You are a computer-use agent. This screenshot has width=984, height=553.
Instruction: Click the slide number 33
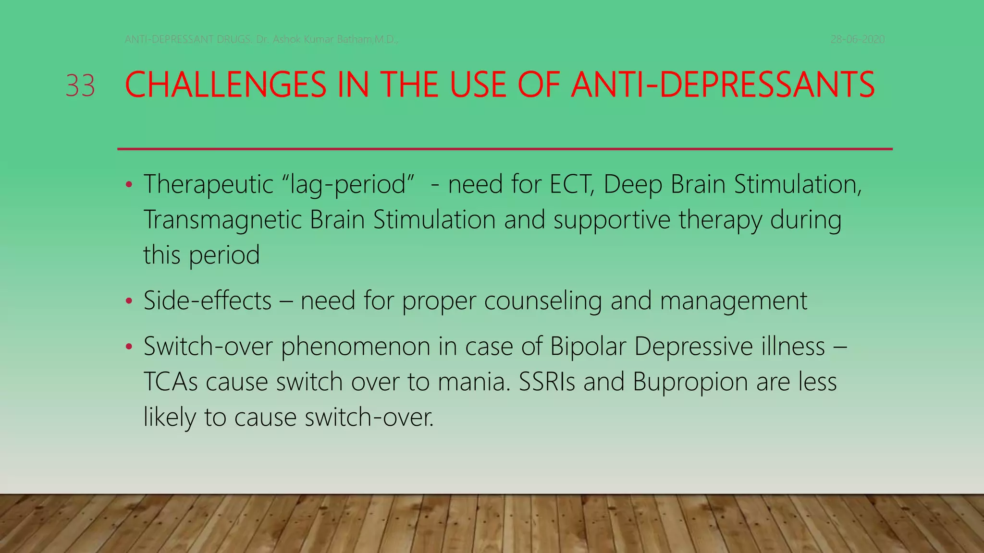tap(80, 86)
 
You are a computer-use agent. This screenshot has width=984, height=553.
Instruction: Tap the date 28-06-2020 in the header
tap(857, 39)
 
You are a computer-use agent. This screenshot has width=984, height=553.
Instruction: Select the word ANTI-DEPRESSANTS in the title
tap(723, 85)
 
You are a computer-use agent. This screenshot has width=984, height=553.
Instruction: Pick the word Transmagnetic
tap(222, 220)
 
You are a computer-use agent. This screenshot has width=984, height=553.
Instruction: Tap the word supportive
tap(612, 220)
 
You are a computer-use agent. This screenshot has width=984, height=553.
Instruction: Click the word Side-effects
tap(208, 301)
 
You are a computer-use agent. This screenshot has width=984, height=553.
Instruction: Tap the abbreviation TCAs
tap(171, 382)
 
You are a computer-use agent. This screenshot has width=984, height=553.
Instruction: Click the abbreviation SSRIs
tap(546, 382)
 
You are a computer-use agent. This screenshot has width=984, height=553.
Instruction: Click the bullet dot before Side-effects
tap(128, 301)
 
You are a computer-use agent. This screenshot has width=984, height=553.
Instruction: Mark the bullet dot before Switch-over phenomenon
tap(128, 347)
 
